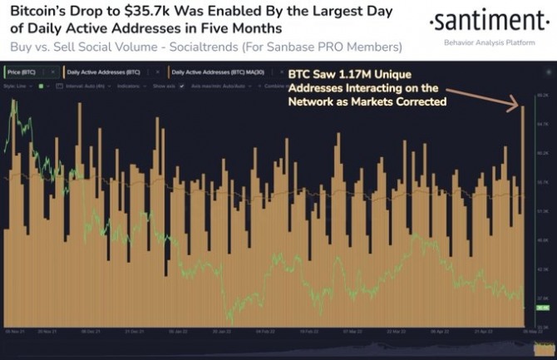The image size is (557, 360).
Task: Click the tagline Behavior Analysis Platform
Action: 490,40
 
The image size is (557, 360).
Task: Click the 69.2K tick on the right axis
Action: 543,96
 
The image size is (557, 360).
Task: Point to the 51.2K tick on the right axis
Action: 543,211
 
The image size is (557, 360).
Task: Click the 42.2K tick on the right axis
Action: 543,269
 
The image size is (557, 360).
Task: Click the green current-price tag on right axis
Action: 543,307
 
